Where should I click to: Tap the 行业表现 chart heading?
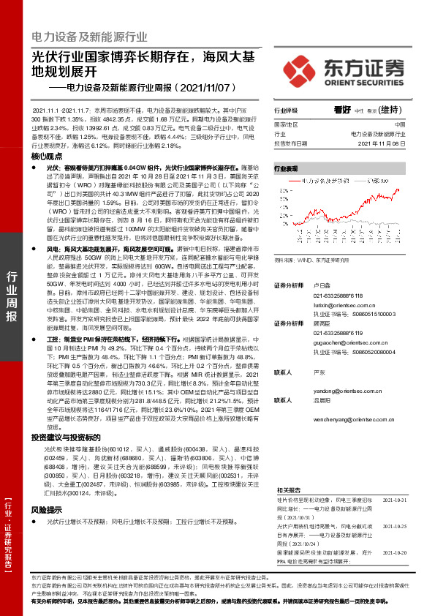[x=287, y=168]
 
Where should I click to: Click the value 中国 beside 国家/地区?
[x=398, y=125]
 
